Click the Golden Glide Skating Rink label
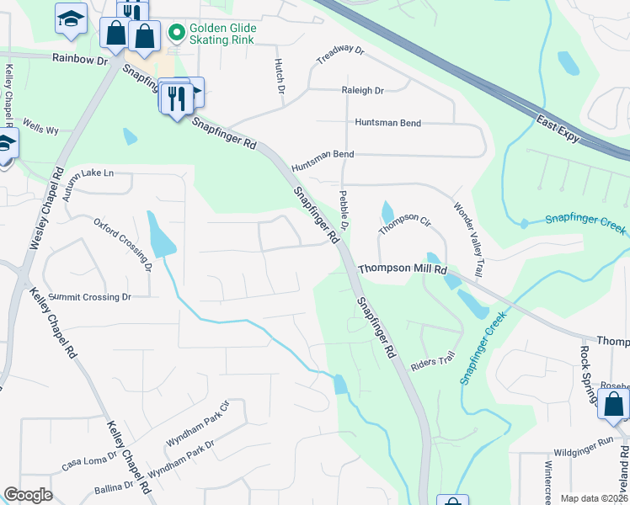pos(223,35)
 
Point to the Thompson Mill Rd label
pos(402,269)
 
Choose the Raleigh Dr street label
pos(363,90)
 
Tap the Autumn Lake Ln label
pos(88,184)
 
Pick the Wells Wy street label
pos(40,129)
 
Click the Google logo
pos(28,495)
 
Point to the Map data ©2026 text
pos(595,498)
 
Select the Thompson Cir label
pos(404,223)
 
